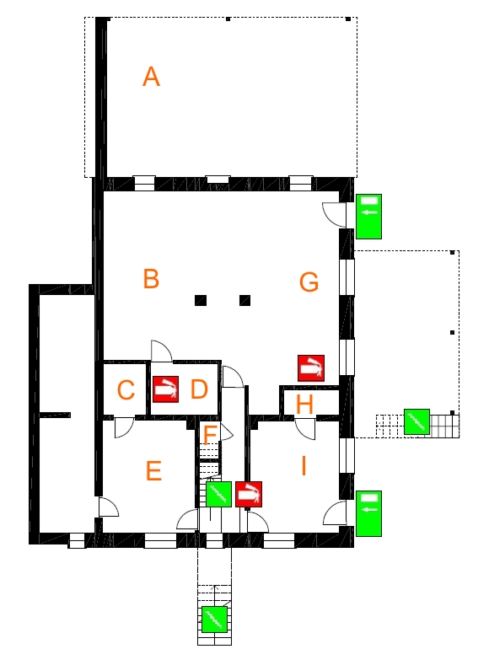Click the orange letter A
pos(151,77)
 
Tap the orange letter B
pos(151,278)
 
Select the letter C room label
pos(126,389)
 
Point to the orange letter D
pos(199,389)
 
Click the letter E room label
pos(153,471)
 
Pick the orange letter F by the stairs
pos(210,435)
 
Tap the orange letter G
pos(309,282)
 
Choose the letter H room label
pos(304,405)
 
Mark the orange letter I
pos(304,466)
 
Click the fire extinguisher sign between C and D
pos(165,389)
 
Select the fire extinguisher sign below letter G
pos(311,368)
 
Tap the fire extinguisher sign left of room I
pos(249,494)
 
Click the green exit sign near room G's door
pos(368,217)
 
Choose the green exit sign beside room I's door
pos(368,513)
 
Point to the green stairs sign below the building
pos(214,619)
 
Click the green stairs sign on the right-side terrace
pos(416,421)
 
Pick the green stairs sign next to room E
pos(218,494)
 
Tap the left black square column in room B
pos(201,300)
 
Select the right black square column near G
pos(244,300)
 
